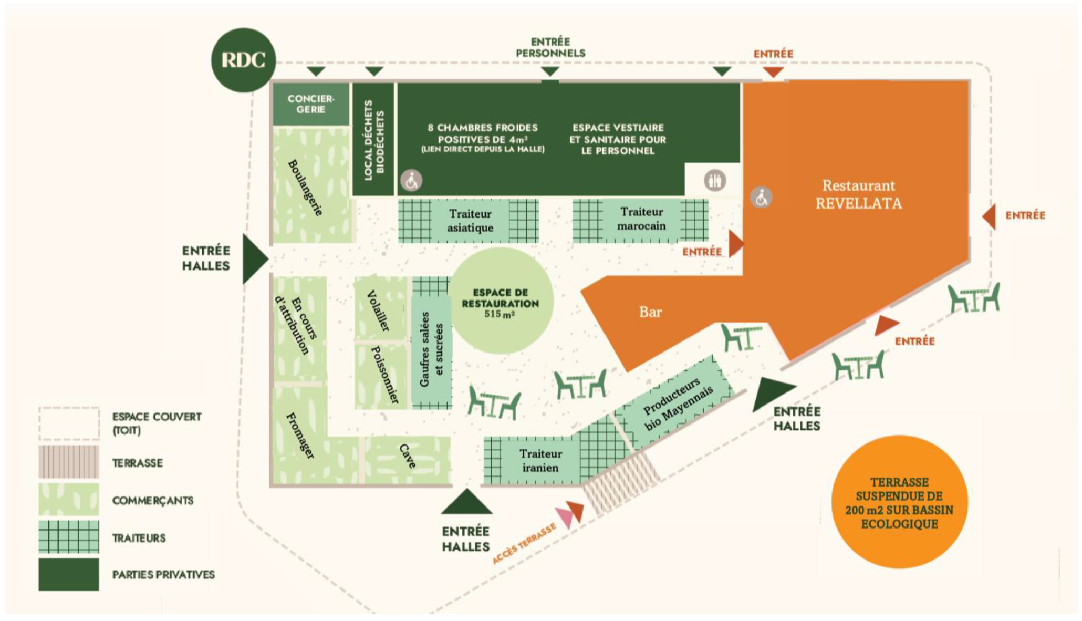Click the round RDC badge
[243, 60]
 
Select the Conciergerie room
[310, 104]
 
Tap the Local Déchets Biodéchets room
[373, 140]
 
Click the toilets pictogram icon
[714, 181]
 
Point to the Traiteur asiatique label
[470, 221]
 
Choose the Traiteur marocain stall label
[641, 219]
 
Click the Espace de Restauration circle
[500, 302]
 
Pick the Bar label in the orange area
[650, 312]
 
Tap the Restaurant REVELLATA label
[858, 194]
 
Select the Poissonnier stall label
[384, 375]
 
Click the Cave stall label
[408, 456]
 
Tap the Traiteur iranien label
[540, 460]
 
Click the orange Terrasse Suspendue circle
[899, 502]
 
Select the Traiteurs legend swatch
[68, 537]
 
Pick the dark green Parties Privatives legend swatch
[68, 574]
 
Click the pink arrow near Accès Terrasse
[565, 517]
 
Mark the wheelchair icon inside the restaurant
[761, 198]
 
